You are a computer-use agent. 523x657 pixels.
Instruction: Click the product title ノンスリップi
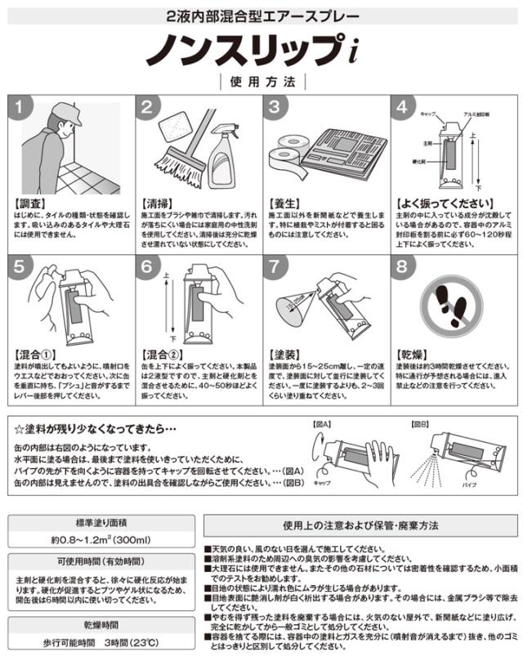click(x=261, y=49)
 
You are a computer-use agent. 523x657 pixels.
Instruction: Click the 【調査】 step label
click(x=29, y=199)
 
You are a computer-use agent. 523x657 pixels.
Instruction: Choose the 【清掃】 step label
click(x=156, y=199)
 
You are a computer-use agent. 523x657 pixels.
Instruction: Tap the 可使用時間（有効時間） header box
click(x=101, y=564)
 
